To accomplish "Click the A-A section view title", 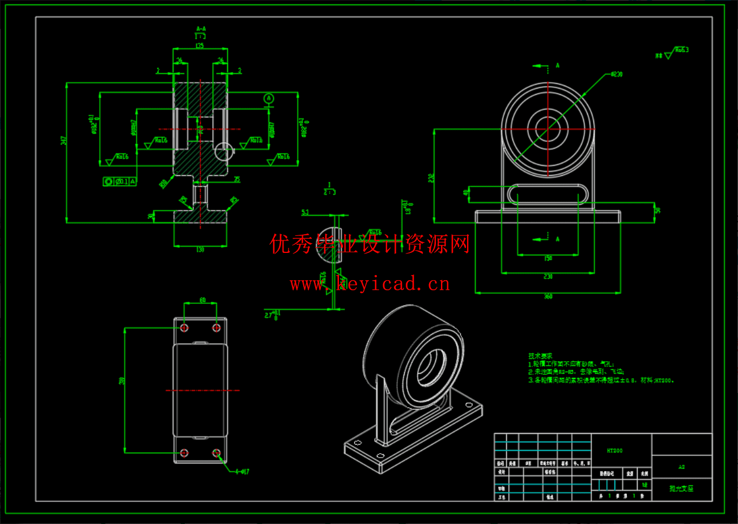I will pyautogui.click(x=201, y=28).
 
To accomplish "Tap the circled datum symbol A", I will pyautogui.click(x=269, y=99).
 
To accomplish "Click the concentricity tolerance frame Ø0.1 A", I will pyautogui.click(x=120, y=181).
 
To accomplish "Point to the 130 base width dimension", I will pyautogui.click(x=200, y=250).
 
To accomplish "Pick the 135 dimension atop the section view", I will pyautogui.click(x=200, y=45).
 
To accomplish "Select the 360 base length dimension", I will pyautogui.click(x=548, y=296).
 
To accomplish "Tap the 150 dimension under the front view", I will pyautogui.click(x=548, y=259).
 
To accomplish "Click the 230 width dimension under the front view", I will pyautogui.click(x=548, y=276).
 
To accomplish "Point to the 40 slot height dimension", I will pyautogui.click(x=466, y=193).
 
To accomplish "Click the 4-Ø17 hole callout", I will pyautogui.click(x=240, y=471).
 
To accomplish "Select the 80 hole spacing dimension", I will pyautogui.click(x=202, y=300).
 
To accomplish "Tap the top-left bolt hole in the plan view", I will pyautogui.click(x=185, y=328).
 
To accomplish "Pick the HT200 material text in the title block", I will pyautogui.click(x=614, y=451).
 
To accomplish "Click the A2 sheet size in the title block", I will pyautogui.click(x=681, y=467).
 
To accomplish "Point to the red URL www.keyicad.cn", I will pyautogui.click(x=370, y=283).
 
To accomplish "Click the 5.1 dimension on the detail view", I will pyautogui.click(x=305, y=213).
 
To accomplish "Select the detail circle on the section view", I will pyautogui.click(x=224, y=151).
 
